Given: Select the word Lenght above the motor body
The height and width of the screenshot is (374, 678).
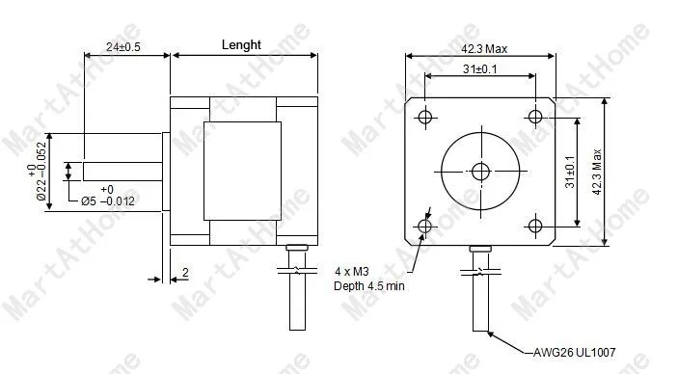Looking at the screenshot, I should pos(241,44).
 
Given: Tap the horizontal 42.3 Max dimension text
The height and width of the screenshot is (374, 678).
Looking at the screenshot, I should pos(481,46).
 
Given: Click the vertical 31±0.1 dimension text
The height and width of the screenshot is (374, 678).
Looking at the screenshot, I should pos(570,172).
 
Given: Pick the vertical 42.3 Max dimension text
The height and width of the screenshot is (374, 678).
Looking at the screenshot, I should pos(597,172).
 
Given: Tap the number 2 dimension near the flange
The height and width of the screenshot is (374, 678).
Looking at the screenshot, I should pos(184,274).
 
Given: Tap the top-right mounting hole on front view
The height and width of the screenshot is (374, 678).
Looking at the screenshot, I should pos(537,118).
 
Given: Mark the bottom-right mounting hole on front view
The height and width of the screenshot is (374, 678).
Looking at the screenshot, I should pos(537,227).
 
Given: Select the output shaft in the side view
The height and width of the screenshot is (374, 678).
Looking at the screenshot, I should pos(121,171).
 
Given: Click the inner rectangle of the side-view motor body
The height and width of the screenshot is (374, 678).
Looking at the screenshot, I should pos(241,171).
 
